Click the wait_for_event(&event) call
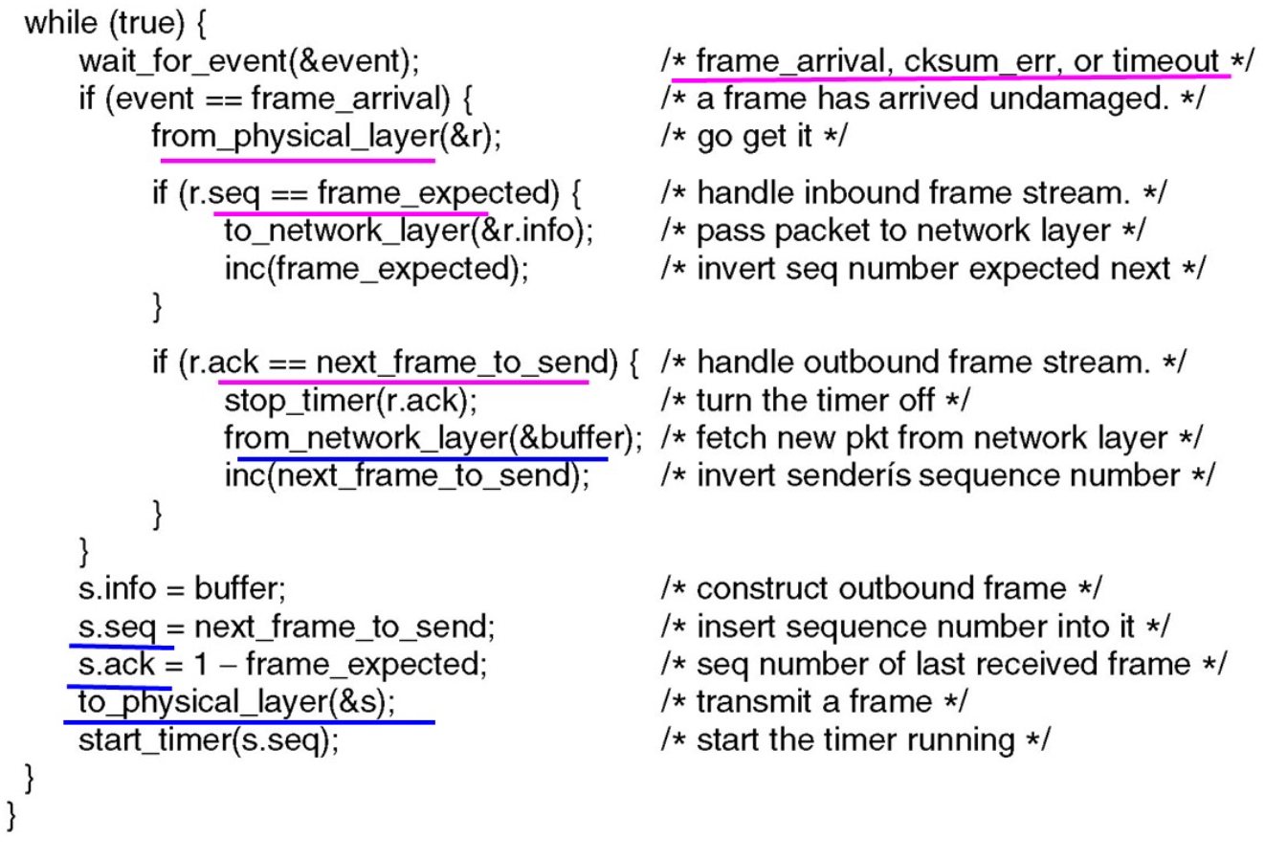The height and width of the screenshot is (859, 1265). (x=249, y=61)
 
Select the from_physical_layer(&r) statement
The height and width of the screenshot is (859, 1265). (x=325, y=136)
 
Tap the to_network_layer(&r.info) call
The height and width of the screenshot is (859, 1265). (x=408, y=231)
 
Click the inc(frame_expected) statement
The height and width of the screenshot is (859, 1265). (x=376, y=268)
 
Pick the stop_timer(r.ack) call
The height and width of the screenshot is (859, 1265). (x=350, y=400)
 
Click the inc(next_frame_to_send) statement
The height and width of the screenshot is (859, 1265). (x=407, y=475)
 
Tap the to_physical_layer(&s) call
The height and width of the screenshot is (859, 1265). (x=236, y=701)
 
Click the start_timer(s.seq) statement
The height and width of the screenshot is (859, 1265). (x=209, y=739)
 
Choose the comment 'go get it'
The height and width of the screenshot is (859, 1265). (x=754, y=136)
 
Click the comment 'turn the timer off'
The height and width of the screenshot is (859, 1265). (x=814, y=400)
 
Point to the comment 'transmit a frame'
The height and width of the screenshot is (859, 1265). (x=813, y=701)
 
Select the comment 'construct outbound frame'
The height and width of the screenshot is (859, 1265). (x=881, y=587)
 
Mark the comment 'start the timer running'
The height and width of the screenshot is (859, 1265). (x=854, y=739)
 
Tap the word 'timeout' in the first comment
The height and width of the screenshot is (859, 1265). (x=1165, y=61)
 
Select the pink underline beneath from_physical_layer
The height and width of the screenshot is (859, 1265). (x=297, y=160)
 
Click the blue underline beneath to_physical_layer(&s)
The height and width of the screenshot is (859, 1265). (x=249, y=722)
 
